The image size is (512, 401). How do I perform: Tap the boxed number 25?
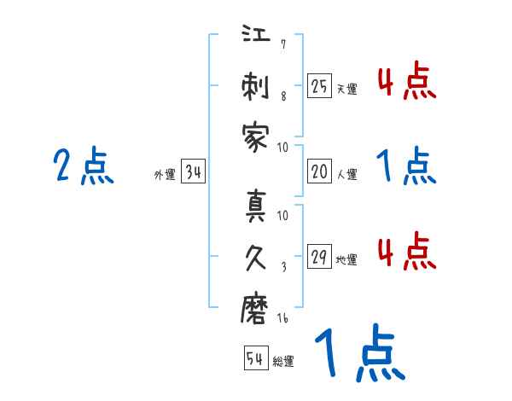tap(319, 85)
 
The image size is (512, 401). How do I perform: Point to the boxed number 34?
tap(193, 173)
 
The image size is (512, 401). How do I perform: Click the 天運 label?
tap(346, 88)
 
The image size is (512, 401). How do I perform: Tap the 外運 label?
tap(165, 176)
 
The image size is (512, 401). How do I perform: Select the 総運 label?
tap(283, 361)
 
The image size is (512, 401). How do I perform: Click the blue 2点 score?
tap(84, 166)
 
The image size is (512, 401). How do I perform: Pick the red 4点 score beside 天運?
tap(406, 83)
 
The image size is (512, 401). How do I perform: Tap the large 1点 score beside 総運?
tap(358, 354)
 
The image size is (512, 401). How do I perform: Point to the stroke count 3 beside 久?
tap(282, 266)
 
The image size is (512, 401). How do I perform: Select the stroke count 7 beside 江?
tap(282, 44)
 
